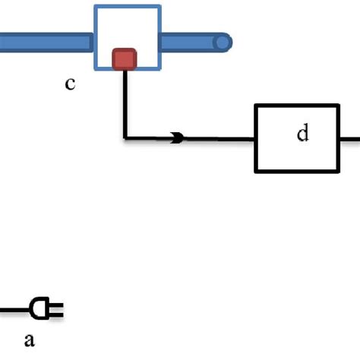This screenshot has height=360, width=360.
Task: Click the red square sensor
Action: coord(125,59)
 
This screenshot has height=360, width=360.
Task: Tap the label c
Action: coord(70,84)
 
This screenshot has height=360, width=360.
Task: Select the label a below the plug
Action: coord(30,340)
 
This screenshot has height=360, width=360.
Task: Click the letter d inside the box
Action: coord(303,134)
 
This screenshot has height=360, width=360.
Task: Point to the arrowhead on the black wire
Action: coord(177,138)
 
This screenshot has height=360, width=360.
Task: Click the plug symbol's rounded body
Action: coord(37,308)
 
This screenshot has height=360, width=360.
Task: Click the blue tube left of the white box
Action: coord(46,42)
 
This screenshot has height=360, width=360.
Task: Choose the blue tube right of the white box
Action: coord(190,42)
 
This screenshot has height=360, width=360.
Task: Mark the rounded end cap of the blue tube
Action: coord(222,42)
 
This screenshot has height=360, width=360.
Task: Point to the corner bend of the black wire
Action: coord(125,138)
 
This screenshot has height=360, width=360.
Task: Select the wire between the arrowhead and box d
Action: coord(220,138)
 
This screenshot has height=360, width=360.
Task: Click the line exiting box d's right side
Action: coord(349,138)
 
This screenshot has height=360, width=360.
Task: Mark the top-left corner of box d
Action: coord(256,106)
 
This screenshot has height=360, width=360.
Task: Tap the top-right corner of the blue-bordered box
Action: coord(160,7)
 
